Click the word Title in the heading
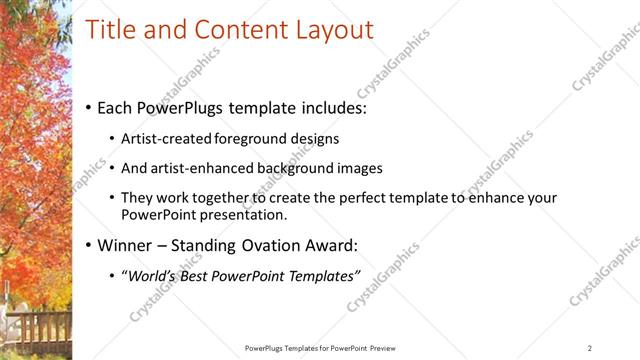[x=109, y=30]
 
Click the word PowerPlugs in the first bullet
[x=183, y=105]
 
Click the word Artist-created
[x=166, y=139]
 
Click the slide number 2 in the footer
[x=590, y=348]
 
